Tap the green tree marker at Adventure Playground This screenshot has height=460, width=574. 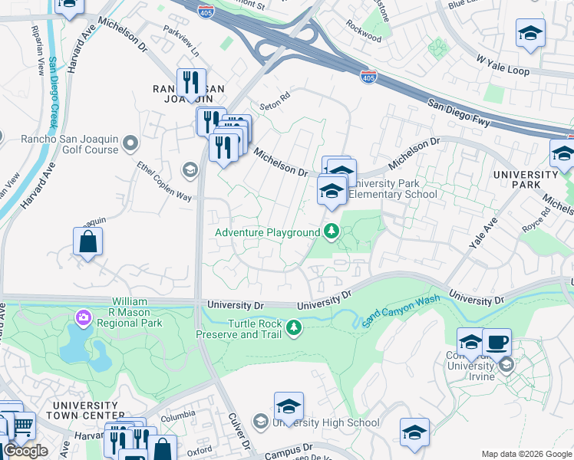point(332,231)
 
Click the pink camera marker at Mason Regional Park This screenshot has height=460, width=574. point(82,317)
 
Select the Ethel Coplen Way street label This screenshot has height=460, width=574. point(163,182)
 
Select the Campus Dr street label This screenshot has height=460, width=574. point(289,452)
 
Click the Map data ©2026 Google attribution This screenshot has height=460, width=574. point(526,454)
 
